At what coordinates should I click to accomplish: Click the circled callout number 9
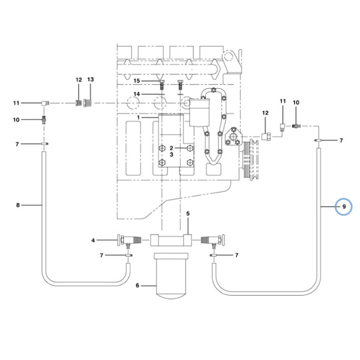pyautogui.click(x=344, y=206)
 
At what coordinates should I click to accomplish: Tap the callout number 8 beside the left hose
pyautogui.click(x=18, y=205)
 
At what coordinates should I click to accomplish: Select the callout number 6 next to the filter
pyautogui.click(x=137, y=286)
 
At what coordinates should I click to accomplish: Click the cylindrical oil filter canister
pyautogui.click(x=171, y=276)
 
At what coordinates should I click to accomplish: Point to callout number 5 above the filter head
pyautogui.click(x=188, y=214)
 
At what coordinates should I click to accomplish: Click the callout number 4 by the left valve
pyautogui.click(x=93, y=241)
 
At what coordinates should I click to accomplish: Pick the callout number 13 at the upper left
pyautogui.click(x=91, y=79)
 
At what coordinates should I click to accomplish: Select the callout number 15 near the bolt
pyautogui.click(x=137, y=81)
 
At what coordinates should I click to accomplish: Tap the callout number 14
pyautogui.click(x=137, y=94)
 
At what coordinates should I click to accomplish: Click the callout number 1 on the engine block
pyautogui.click(x=138, y=118)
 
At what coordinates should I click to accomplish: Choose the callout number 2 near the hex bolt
pyautogui.click(x=171, y=148)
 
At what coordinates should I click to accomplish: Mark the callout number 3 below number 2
pyautogui.click(x=171, y=155)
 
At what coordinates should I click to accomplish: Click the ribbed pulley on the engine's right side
pyautogui.click(x=251, y=160)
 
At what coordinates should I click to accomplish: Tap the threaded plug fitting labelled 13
pyautogui.click(x=88, y=103)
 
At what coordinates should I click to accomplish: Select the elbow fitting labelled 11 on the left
pyautogui.click(x=45, y=103)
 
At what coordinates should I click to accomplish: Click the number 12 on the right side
pyautogui.click(x=265, y=113)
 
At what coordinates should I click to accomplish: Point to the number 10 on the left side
pyautogui.click(x=16, y=119)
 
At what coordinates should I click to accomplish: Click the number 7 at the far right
pyautogui.click(x=341, y=140)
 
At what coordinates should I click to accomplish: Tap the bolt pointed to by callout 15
pyautogui.click(x=161, y=85)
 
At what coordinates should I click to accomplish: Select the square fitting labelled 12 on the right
pyautogui.click(x=266, y=137)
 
